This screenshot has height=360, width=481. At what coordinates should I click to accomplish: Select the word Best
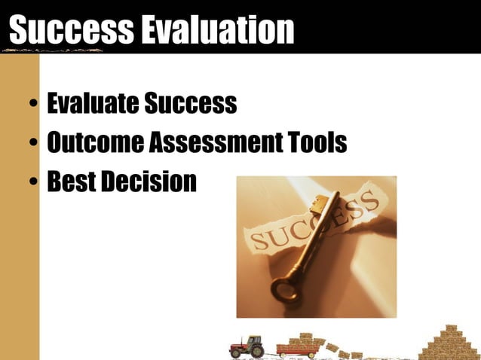pyautogui.click(x=71, y=182)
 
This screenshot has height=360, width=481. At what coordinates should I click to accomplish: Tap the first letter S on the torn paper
pyautogui.click(x=258, y=242)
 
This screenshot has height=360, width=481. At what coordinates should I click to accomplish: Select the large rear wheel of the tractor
pyautogui.click(x=256, y=350)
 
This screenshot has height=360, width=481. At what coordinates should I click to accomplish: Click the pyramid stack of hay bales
pyautogui.click(x=449, y=343)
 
